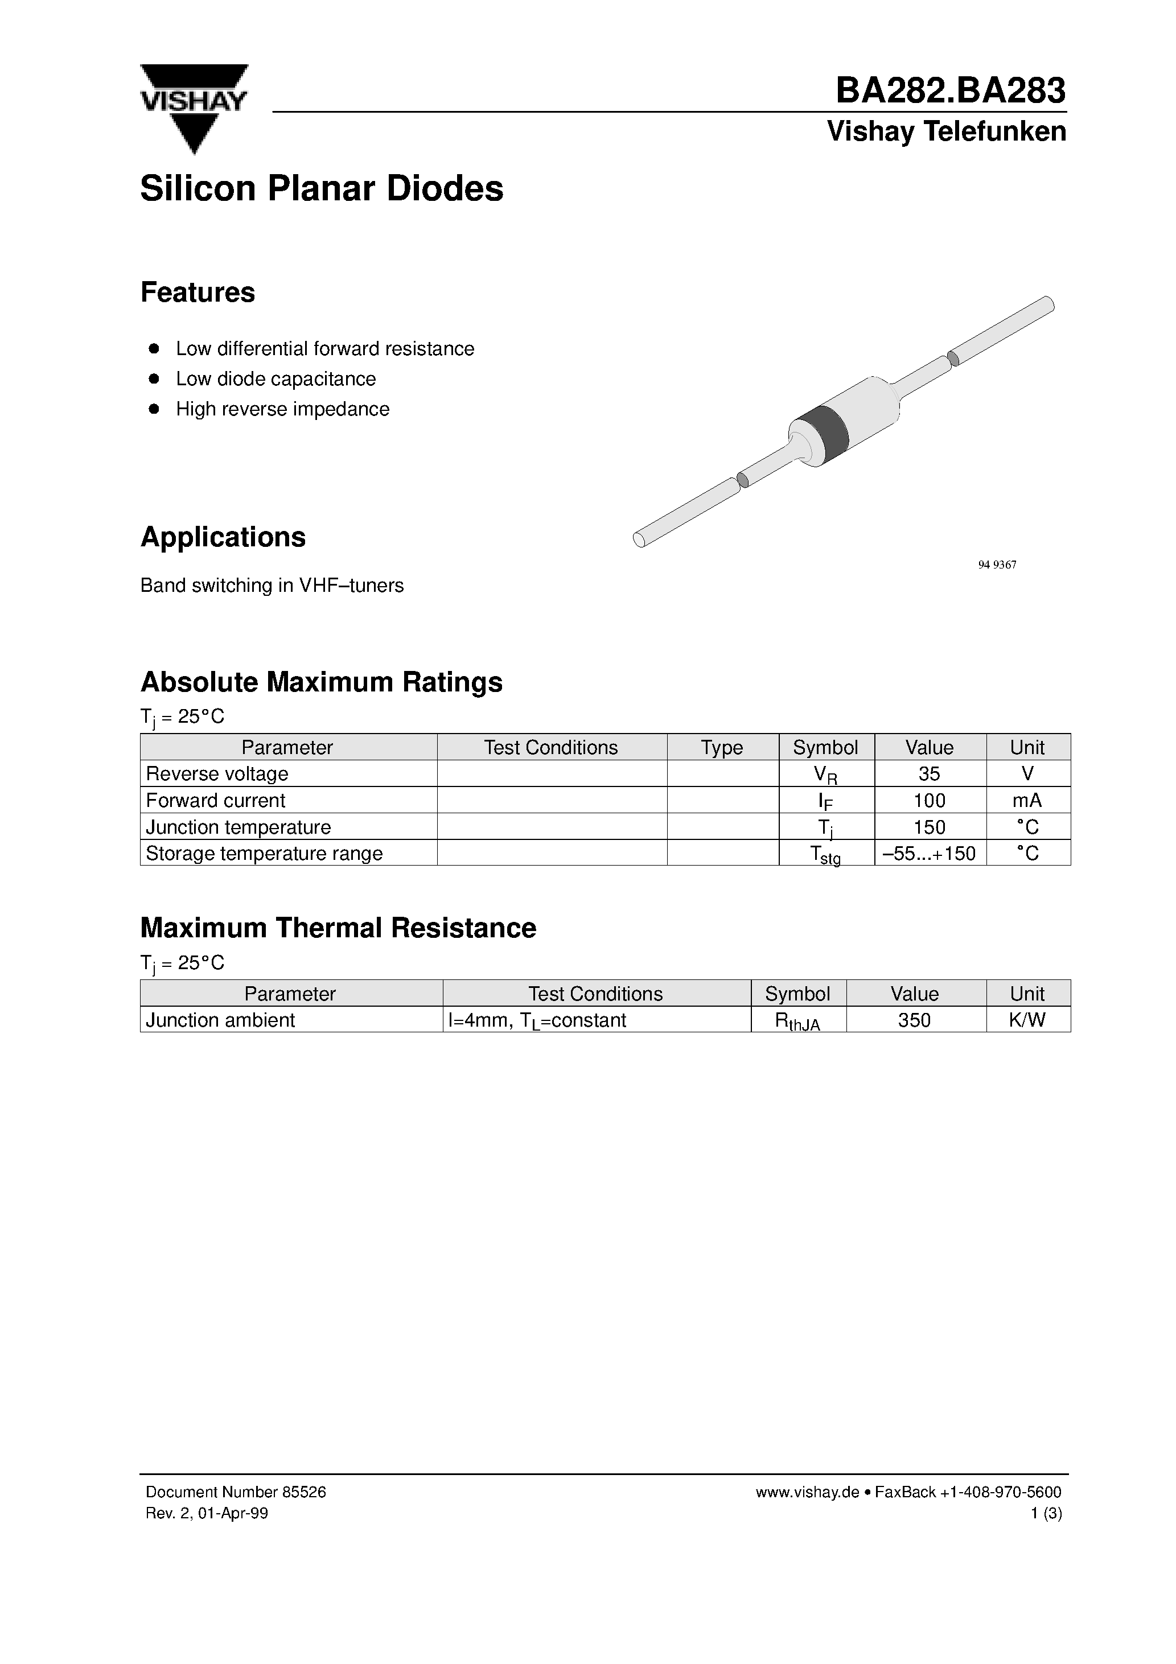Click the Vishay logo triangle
pyautogui.click(x=194, y=109)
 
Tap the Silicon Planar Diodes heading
pyautogui.click(x=321, y=188)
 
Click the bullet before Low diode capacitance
pyautogui.click(x=154, y=378)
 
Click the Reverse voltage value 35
pyautogui.click(x=929, y=773)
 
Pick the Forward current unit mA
pyautogui.click(x=1027, y=800)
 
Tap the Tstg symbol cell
pyautogui.click(x=825, y=854)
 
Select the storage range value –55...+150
pyautogui.click(x=929, y=853)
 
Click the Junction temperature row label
pyautogui.click(x=238, y=827)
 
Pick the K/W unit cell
pyautogui.click(x=1027, y=1020)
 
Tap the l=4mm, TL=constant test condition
pyautogui.click(x=537, y=1020)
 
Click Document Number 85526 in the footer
pyautogui.click(x=236, y=1492)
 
